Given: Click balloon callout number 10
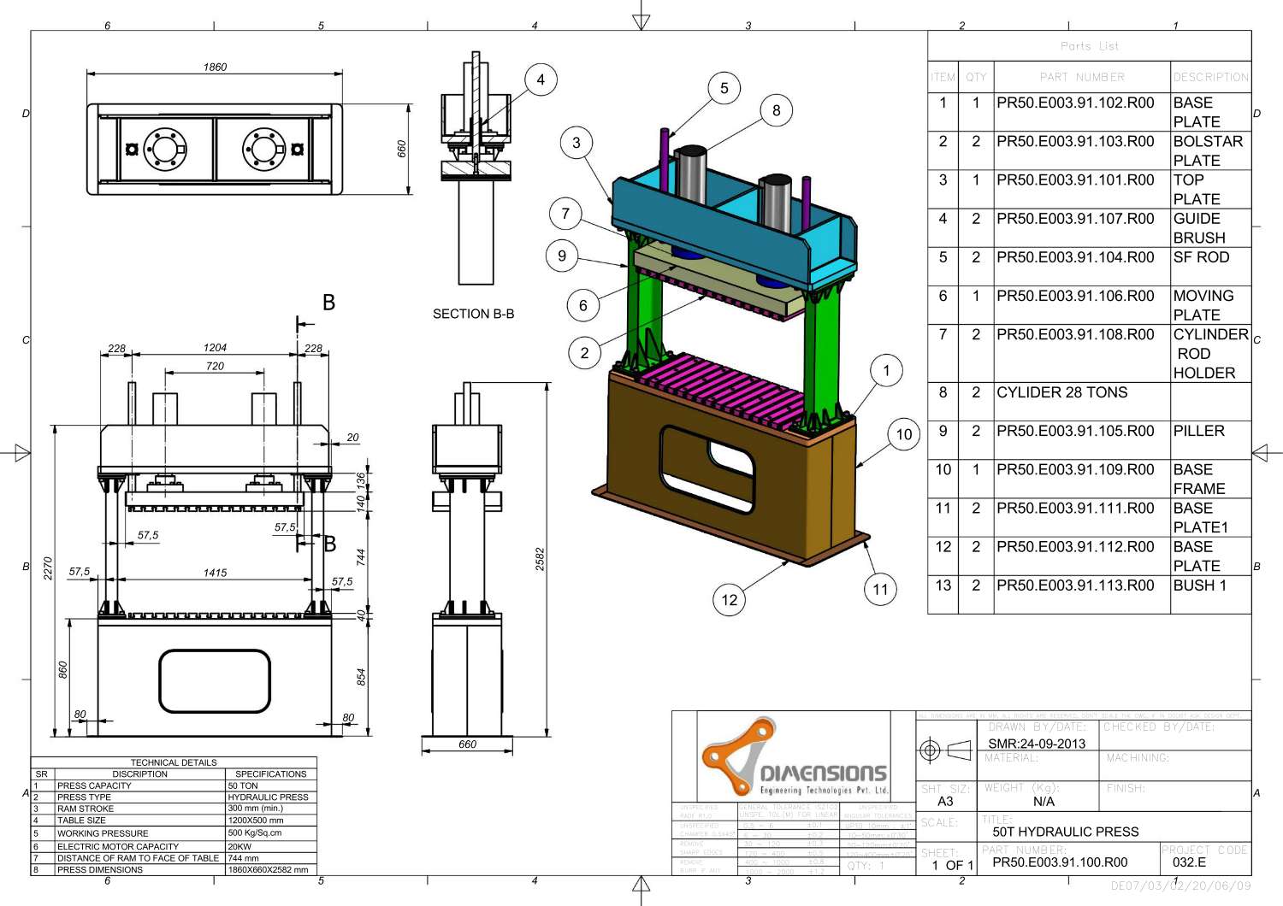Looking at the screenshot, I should (904, 434).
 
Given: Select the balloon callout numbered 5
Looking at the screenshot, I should (724, 88).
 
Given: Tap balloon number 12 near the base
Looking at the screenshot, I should (729, 600).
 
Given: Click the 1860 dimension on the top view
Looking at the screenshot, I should (215, 67).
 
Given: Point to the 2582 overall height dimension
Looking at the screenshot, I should (540, 559).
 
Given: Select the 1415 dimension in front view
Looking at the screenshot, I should (215, 573).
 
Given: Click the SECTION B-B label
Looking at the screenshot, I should (473, 314).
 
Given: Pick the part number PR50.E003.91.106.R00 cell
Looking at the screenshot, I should (1075, 296).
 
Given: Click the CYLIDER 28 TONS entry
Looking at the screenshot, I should (1061, 392).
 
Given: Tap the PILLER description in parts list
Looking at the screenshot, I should (1198, 431).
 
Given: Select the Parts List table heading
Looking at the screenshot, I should (1089, 46).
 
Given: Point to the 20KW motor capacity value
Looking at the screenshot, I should (239, 846).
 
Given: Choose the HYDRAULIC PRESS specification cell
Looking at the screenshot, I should (268, 797).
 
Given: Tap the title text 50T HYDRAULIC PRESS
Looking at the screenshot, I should (1065, 832).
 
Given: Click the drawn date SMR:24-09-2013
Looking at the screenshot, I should (1037, 744).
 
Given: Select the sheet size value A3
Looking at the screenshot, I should (945, 801).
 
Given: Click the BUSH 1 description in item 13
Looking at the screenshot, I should (1199, 585).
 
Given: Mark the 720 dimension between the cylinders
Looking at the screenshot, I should (215, 366).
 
